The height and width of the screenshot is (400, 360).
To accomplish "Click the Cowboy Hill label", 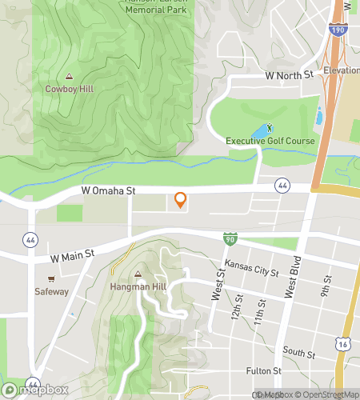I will (69, 89).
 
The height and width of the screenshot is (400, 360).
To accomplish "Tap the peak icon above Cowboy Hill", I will (69, 77).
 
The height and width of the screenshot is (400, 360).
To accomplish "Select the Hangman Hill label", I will (137, 286).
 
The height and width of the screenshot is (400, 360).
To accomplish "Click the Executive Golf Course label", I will (270, 141).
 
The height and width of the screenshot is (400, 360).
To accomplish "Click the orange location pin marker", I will (180, 200).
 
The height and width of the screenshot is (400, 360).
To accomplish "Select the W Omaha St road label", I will (110, 191).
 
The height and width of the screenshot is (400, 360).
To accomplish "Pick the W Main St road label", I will (72, 256).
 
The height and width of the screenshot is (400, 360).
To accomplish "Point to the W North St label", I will (293, 74).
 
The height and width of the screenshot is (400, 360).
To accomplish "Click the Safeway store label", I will (51, 291).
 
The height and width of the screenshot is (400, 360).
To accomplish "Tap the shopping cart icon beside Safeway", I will (51, 279).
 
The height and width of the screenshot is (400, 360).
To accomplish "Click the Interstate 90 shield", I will (229, 239).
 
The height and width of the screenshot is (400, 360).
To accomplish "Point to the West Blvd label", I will (295, 275).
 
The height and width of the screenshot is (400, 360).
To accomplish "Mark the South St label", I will (298, 351).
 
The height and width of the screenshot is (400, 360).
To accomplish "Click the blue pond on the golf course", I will (260, 131).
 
